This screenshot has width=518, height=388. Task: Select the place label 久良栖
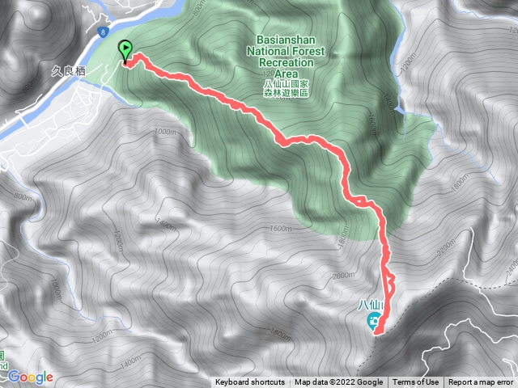point(70,70)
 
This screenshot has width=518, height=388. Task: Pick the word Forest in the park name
point(311,51)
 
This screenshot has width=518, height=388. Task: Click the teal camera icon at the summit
point(375,323)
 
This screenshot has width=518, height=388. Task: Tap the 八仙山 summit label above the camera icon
point(370,305)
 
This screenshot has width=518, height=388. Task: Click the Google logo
point(31,377)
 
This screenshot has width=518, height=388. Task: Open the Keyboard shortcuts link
point(250,382)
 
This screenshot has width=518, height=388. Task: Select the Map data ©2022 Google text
point(338,382)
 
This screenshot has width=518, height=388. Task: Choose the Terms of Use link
point(416,382)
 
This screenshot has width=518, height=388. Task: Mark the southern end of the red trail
point(377,331)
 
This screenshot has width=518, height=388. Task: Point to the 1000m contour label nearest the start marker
point(164,131)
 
